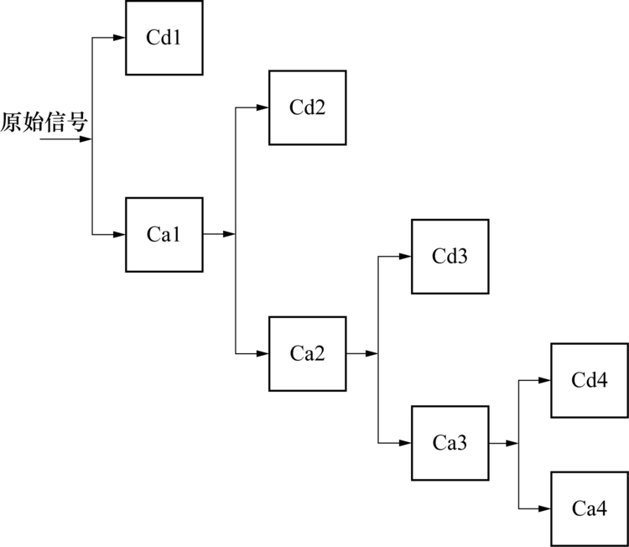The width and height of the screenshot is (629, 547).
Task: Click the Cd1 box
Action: point(164,38)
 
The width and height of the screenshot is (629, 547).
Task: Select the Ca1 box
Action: point(164,235)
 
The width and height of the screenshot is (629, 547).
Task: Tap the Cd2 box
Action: point(307,108)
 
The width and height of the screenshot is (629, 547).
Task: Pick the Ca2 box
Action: point(307,353)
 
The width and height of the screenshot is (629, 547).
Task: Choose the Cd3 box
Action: point(450,257)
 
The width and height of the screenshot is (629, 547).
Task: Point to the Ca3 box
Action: point(450,443)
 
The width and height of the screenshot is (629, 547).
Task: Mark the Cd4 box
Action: point(590,380)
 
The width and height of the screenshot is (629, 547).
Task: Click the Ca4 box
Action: point(590,508)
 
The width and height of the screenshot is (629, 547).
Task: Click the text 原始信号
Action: point(44,123)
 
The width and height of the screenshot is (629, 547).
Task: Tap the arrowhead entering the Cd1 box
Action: point(120,38)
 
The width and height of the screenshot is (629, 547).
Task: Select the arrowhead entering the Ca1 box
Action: point(120,235)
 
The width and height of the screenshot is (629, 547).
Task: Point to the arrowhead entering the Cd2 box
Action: point(263,108)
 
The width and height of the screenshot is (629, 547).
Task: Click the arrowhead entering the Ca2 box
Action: point(263,353)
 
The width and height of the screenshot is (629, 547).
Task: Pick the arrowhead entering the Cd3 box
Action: point(405,257)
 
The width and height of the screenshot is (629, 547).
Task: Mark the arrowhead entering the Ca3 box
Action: point(405,443)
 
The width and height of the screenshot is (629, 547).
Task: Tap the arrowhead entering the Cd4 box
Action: point(545,380)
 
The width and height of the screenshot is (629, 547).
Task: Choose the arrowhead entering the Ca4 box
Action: point(545,508)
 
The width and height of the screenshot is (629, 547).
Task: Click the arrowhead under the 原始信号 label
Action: point(85,139)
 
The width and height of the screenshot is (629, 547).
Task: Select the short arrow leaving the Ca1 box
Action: point(220,235)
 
